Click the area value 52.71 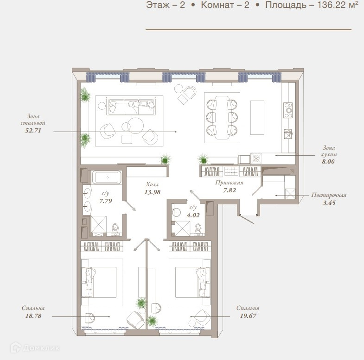pyautogui.click(x=33, y=131)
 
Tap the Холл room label pyautogui.click(x=152, y=184)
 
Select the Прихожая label pyautogui.click(x=229, y=183)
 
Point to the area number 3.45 pyautogui.click(x=329, y=203)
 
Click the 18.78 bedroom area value pyautogui.click(x=33, y=316)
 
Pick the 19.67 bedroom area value pyautogui.click(x=248, y=316)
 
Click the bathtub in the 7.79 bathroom pyautogui.click(x=107, y=177)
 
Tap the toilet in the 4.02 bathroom pyautogui.click(x=198, y=229)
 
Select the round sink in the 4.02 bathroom pyautogui.click(x=177, y=213)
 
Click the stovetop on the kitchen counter pyautogui.click(x=288, y=110)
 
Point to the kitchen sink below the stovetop pyautogui.click(x=288, y=134)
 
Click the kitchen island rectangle pyautogui.click(x=257, y=118)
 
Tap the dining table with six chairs pyautogui.click(x=222, y=118)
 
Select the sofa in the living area pyautogui.click(x=131, y=106)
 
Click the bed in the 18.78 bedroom pyautogui.click(x=99, y=282)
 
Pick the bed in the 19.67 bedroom pyautogui.click(x=193, y=282)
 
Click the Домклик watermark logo pyautogui.click(x=35, y=348)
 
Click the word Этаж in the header pyautogui.click(x=158, y=5)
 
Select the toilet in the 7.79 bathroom pyautogui.click(x=115, y=229)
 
